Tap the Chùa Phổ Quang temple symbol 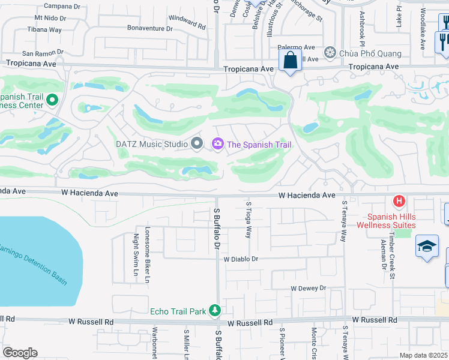[330, 53]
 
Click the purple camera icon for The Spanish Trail [217, 143]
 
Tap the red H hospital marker [397, 201]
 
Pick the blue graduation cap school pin [427, 247]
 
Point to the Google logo [20, 353]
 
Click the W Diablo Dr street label [241, 260]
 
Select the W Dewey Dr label [308, 289]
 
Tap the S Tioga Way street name [248, 220]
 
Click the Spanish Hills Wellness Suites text [386, 221]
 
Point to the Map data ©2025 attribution [423, 355]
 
